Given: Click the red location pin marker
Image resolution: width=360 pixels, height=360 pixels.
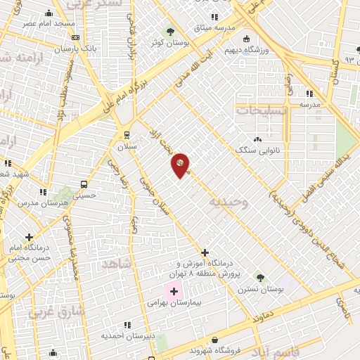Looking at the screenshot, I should [x=181, y=165].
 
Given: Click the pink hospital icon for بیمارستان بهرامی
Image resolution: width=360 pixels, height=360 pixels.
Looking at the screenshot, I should [x=174, y=290].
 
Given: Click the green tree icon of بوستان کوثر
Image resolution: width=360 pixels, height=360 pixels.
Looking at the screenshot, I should [x=170, y=32].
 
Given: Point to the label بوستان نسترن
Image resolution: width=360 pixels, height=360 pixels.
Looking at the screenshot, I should [x=261, y=289].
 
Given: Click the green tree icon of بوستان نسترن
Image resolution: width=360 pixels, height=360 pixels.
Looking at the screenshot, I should [x=261, y=278].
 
